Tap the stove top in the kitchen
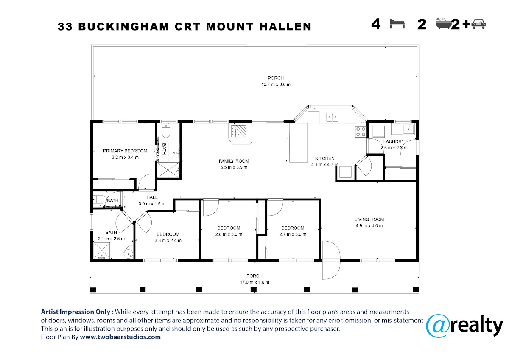tap(361, 132)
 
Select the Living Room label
tap(369, 219)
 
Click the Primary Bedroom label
tap(125, 151)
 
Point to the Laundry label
tap(394, 142)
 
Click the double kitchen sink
tap(332, 116)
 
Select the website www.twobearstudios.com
tap(120, 337)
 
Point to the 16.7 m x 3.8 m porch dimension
tap(276, 84)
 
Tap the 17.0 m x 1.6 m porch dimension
tap(255, 282)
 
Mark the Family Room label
tap(234, 161)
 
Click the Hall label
tap(152, 197)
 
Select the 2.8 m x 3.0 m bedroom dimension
tap(229, 234)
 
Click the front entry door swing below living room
tap(331, 259)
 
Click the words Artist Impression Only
tap(77, 311)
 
